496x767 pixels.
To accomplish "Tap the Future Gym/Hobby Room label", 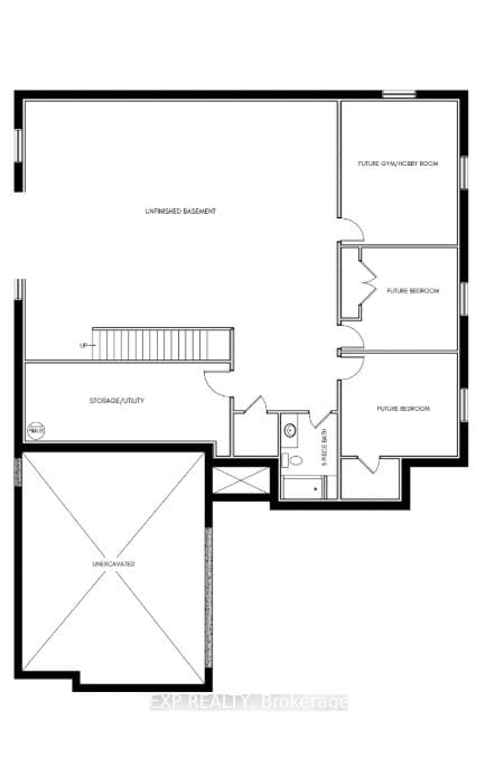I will tap(398, 164).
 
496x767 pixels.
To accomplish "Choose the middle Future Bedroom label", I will tap(413, 291).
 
